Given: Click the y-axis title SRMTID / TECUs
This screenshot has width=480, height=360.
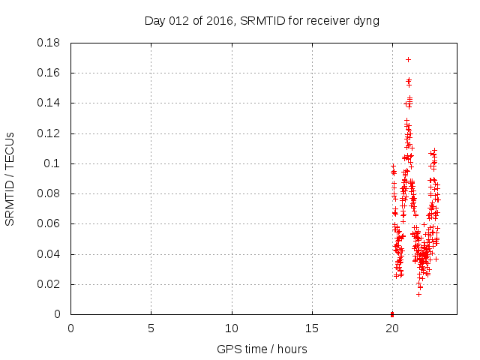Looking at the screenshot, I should [x=10, y=178].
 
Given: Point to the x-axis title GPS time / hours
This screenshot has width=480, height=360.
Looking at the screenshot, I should [x=262, y=349].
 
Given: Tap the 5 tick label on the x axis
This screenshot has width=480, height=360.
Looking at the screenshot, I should [x=151, y=328].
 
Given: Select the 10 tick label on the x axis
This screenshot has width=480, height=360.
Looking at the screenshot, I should [x=232, y=328].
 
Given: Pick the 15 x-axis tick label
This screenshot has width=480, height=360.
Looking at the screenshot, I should [x=312, y=328].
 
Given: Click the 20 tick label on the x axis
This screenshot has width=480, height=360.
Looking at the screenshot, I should [x=392, y=328].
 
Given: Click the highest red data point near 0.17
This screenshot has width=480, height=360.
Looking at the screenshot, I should [x=408, y=59].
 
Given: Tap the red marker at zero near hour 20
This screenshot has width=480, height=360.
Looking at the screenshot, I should [x=392, y=313].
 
